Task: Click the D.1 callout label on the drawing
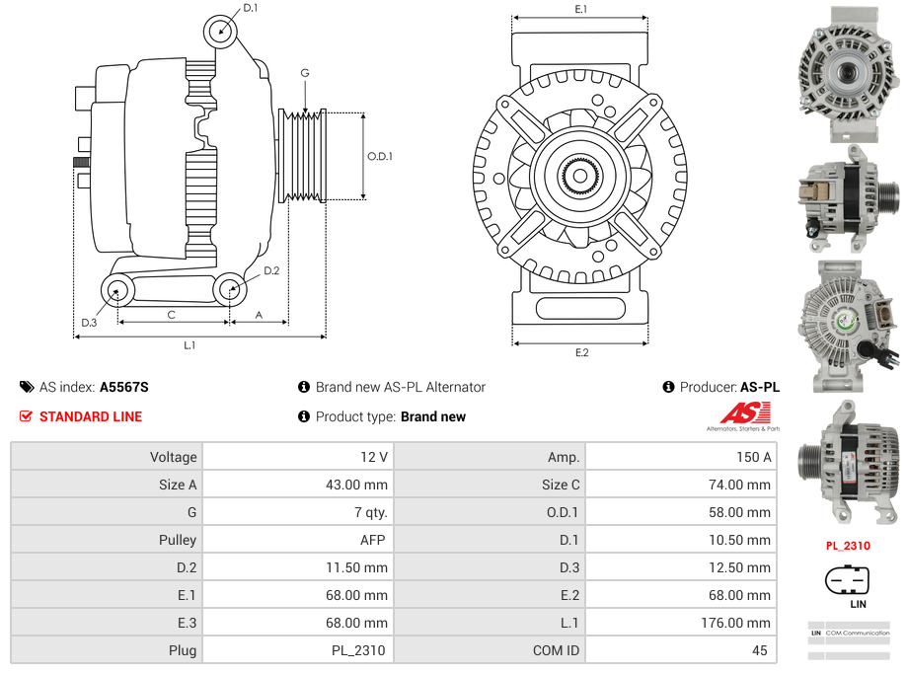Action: (250, 9)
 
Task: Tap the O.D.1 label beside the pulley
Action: (380, 156)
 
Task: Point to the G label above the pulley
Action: (305, 73)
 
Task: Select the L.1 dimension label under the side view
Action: (189, 345)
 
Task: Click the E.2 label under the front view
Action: (580, 353)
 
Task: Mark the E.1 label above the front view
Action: (580, 9)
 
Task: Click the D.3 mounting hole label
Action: (89, 322)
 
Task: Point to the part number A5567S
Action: (124, 387)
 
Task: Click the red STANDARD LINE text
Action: (91, 416)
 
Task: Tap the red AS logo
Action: (737, 413)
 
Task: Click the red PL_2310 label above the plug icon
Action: (848, 546)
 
